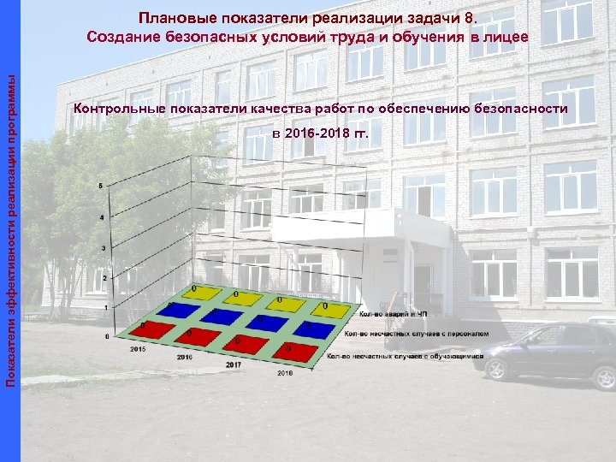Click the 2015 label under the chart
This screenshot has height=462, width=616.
point(137,349)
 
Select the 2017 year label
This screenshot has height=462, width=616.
point(234,364)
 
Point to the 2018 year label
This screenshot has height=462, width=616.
point(284,373)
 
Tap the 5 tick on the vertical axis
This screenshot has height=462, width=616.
point(103,186)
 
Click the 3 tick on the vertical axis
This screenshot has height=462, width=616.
point(104,248)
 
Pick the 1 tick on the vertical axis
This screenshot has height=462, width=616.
point(104,306)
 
